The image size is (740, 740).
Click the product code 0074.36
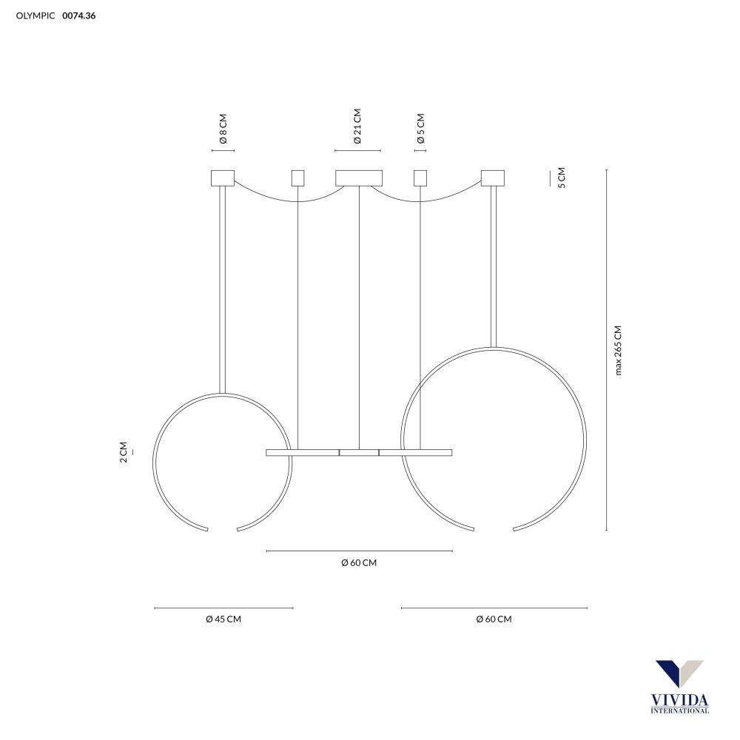[x=79, y=16]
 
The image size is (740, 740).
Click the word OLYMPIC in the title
[x=36, y=16]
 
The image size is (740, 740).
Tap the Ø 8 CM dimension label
[x=223, y=128]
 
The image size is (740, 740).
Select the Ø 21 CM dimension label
[x=357, y=126]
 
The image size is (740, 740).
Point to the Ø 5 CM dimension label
[x=421, y=128]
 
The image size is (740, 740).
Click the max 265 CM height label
[x=618, y=350]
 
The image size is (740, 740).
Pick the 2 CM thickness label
[x=124, y=452]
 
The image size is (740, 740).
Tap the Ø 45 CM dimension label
[x=223, y=619]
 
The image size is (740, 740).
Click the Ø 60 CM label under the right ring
[x=494, y=619]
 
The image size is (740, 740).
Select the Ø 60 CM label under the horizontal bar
[x=359, y=562]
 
